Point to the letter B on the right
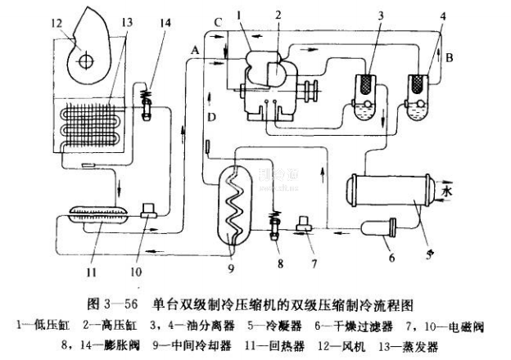pyautogui.click(x=450, y=59)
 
